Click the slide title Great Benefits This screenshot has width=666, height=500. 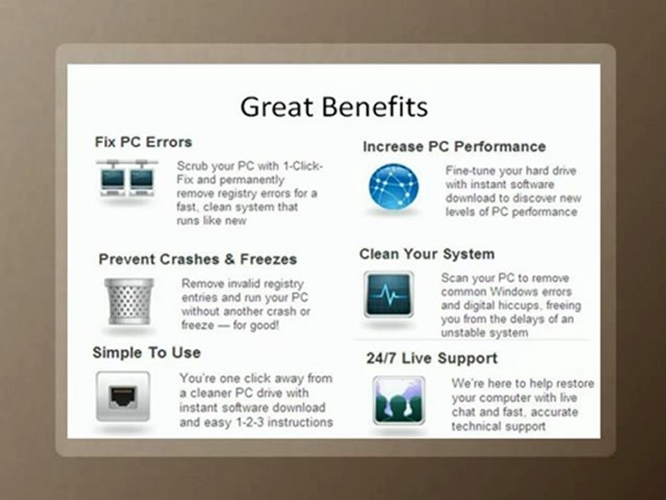[334, 106]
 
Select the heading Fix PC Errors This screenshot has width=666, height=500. [143, 142]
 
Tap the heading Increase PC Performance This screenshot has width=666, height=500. [454, 147]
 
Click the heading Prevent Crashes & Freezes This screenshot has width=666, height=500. [198, 259]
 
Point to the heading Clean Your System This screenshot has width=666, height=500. [427, 254]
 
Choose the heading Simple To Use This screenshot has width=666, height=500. [146, 353]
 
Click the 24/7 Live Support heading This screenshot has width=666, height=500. [432, 358]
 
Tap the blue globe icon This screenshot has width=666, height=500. [393, 187]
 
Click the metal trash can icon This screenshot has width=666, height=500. [129, 301]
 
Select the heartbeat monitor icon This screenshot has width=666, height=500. [388, 294]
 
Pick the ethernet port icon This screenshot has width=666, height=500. [123, 397]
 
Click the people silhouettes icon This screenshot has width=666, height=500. [399, 401]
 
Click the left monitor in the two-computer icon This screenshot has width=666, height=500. [112, 181]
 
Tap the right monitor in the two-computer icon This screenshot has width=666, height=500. [142, 181]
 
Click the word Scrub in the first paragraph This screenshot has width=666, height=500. [191, 165]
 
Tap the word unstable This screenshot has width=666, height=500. [463, 333]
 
